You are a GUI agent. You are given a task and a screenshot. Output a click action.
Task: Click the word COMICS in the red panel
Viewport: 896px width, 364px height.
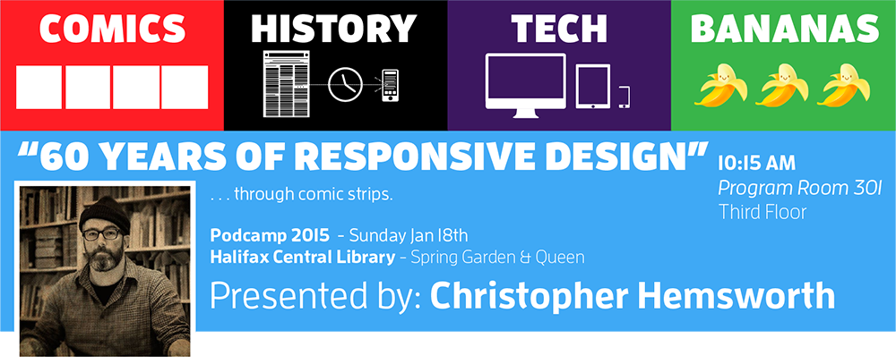112,29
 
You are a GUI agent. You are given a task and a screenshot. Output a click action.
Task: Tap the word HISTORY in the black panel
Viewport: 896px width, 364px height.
333,29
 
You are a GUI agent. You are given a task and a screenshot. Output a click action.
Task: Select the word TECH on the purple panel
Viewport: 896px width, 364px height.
559,29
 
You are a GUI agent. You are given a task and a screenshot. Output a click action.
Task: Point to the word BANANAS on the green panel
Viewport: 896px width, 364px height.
785,29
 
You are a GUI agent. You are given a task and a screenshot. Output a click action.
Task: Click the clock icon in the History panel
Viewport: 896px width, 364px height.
346,85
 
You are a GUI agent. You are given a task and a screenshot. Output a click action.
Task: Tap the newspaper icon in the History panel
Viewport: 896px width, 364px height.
287,84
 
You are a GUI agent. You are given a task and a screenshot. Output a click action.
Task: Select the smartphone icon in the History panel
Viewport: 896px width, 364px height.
391,86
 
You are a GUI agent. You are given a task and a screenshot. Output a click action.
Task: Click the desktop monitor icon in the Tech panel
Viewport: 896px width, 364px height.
526,85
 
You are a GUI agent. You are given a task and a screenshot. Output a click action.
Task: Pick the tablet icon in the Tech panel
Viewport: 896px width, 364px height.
592,86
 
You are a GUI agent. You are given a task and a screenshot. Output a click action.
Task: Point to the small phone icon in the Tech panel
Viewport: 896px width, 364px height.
624,97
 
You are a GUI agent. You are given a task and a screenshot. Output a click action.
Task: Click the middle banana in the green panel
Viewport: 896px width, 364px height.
781,85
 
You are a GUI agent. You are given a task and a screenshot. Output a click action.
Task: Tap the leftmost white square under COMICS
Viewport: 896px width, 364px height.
39,88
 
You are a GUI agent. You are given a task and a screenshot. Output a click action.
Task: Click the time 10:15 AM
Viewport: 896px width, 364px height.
756,163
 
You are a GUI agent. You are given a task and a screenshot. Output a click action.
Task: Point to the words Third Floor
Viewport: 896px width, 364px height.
762,212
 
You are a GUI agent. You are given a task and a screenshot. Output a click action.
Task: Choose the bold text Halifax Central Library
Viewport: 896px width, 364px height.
302,258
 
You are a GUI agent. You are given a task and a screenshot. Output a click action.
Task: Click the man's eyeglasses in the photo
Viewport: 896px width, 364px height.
100,234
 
